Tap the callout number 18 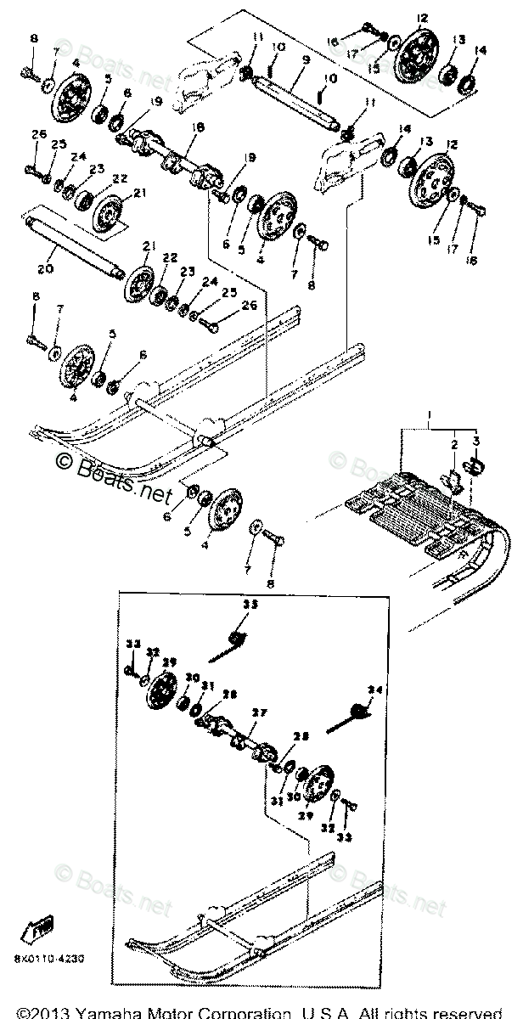pyautogui.click(x=197, y=127)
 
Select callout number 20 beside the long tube pyautogui.click(x=45, y=268)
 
